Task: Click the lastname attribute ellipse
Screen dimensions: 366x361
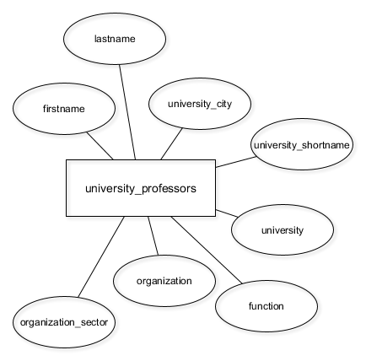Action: [x=115, y=39]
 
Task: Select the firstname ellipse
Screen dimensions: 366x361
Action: [x=64, y=109]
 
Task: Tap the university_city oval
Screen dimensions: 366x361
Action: [x=200, y=104]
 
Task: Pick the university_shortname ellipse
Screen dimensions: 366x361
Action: [x=302, y=144]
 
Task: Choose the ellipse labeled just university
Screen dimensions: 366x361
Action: [x=283, y=229]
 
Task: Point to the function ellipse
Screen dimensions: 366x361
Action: [x=266, y=306]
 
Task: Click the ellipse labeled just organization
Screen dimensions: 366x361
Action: [x=164, y=281]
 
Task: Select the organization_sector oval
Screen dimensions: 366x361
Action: [x=64, y=322]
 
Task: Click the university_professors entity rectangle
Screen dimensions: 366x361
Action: [x=141, y=188]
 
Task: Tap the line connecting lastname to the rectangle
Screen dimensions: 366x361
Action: [x=127, y=112]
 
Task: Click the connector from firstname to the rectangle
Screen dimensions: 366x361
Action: [x=100, y=146]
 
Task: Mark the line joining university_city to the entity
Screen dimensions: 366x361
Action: [x=171, y=144]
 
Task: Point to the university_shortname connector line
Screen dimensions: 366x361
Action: [x=236, y=162]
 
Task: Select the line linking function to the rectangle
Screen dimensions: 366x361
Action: [x=207, y=250]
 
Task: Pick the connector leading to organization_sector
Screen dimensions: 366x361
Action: [x=101, y=256]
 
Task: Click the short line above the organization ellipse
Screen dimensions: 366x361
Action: [x=153, y=236]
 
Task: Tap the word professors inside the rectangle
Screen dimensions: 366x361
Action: [x=169, y=189]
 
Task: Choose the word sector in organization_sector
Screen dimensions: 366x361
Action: [x=94, y=322]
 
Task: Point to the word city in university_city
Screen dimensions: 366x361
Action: [x=222, y=104]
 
